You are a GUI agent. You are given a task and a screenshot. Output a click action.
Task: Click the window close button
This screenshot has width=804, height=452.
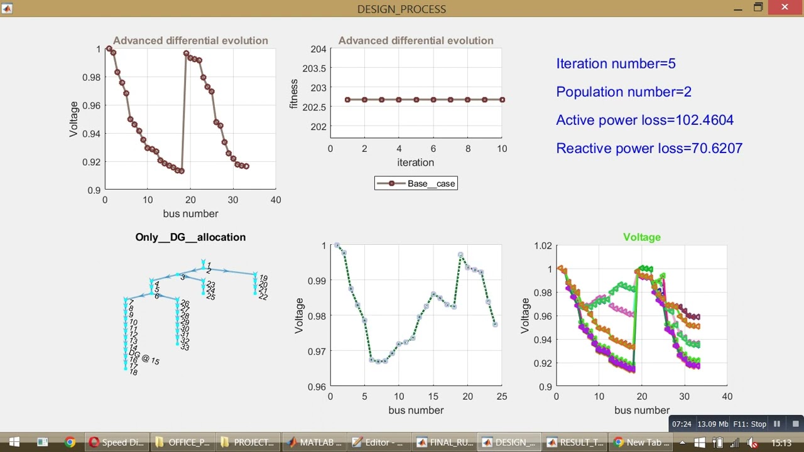coord(785,8)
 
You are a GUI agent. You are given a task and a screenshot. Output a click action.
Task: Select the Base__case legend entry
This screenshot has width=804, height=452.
coord(416,183)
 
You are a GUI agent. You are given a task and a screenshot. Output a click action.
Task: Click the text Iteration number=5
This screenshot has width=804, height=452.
coord(616,63)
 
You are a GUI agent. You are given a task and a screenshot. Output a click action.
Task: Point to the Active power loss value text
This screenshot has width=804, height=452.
coord(644,120)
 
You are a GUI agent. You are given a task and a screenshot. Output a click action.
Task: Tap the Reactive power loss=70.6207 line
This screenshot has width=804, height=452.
coord(649,148)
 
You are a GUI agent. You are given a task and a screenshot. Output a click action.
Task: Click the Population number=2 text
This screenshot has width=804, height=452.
coord(623,92)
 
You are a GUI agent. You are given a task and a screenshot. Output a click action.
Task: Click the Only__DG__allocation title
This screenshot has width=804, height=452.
coord(190,237)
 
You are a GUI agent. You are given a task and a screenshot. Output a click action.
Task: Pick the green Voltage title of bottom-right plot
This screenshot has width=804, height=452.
coord(641,237)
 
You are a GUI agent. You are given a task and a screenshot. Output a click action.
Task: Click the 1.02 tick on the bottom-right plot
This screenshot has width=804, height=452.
coord(541,245)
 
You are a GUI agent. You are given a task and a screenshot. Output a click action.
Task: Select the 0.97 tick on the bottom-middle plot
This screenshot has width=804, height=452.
coord(317,351)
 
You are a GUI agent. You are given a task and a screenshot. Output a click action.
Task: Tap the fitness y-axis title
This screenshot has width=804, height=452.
coord(293,94)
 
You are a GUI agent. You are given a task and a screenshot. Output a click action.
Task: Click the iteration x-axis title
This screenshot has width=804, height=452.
coord(415,163)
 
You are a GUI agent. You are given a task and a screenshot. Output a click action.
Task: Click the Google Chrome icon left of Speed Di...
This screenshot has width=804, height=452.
coord(70,442)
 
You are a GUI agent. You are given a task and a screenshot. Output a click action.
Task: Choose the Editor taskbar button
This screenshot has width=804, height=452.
coord(377,442)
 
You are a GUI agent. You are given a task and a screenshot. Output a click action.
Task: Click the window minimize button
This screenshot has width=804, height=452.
coord(737,8)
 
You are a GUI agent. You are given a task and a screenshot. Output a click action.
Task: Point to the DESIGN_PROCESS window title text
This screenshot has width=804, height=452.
coord(401,9)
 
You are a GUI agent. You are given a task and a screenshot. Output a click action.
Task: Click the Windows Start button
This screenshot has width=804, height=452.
coord(14,442)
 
